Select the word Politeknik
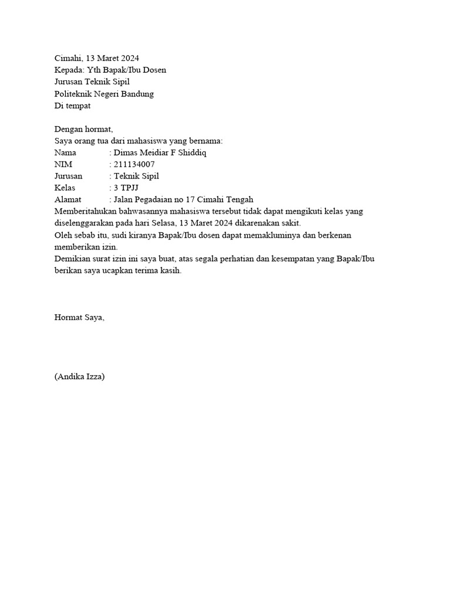coord(73,94)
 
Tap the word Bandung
coord(138,94)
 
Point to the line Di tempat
coord(72,106)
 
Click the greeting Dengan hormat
coord(83,129)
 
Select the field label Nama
coord(66,153)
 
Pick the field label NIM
coord(62,164)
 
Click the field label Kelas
coord(65,188)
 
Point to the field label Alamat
coord(68,200)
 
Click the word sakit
coord(290,223)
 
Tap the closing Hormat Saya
coord(79,318)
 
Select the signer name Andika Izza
coord(79,377)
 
